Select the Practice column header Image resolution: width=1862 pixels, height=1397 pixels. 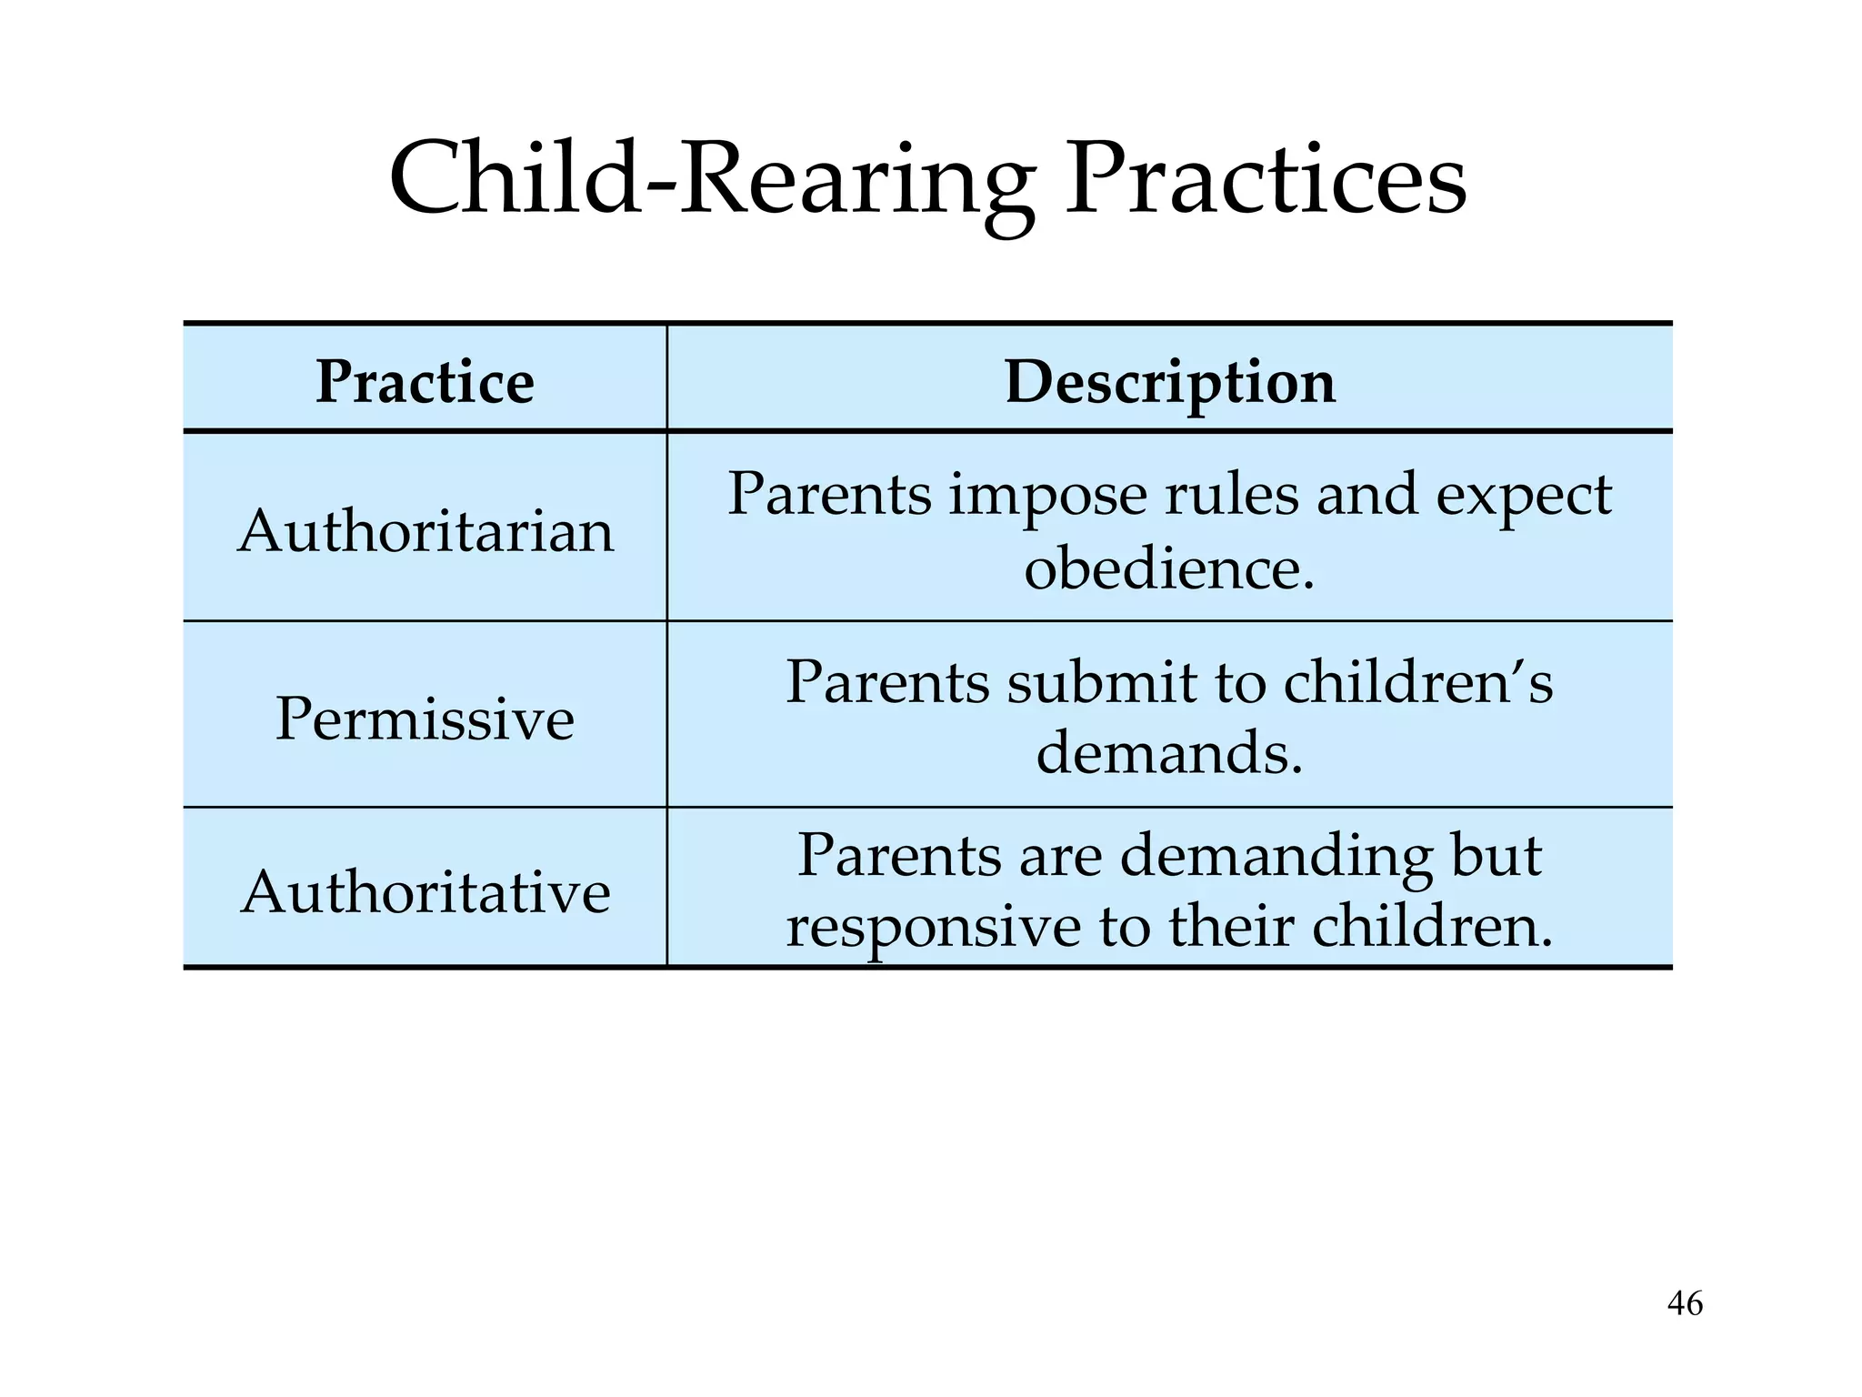coord(425,382)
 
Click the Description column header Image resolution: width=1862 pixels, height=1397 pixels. coord(1170,382)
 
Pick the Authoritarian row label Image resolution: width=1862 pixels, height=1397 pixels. coord(425,530)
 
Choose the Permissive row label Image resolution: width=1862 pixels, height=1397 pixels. coord(425,719)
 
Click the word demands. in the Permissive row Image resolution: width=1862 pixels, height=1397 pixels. coord(1169,754)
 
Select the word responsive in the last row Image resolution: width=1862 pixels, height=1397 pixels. coord(934,929)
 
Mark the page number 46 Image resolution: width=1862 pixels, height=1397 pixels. coord(1685,1303)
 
